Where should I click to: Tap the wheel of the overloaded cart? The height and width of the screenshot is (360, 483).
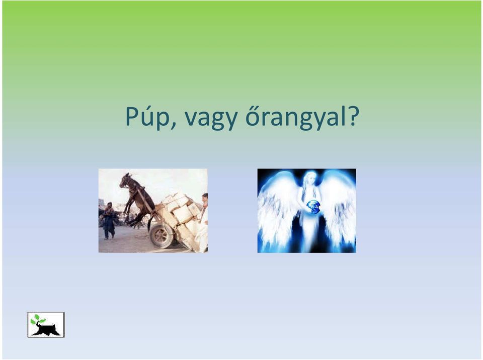(x=161, y=236)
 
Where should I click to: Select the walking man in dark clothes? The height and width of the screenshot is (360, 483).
(x=109, y=221)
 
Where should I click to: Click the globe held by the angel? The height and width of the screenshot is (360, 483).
(x=313, y=207)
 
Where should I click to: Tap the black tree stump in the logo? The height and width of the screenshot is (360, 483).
(x=47, y=330)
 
